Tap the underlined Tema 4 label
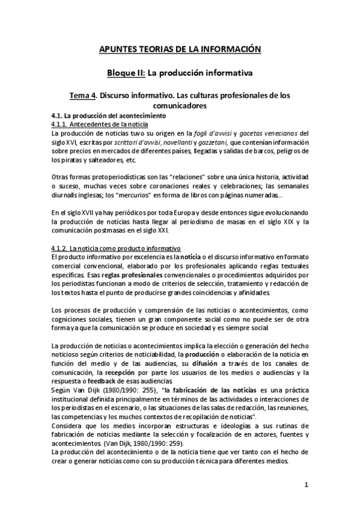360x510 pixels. (x=83, y=95)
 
